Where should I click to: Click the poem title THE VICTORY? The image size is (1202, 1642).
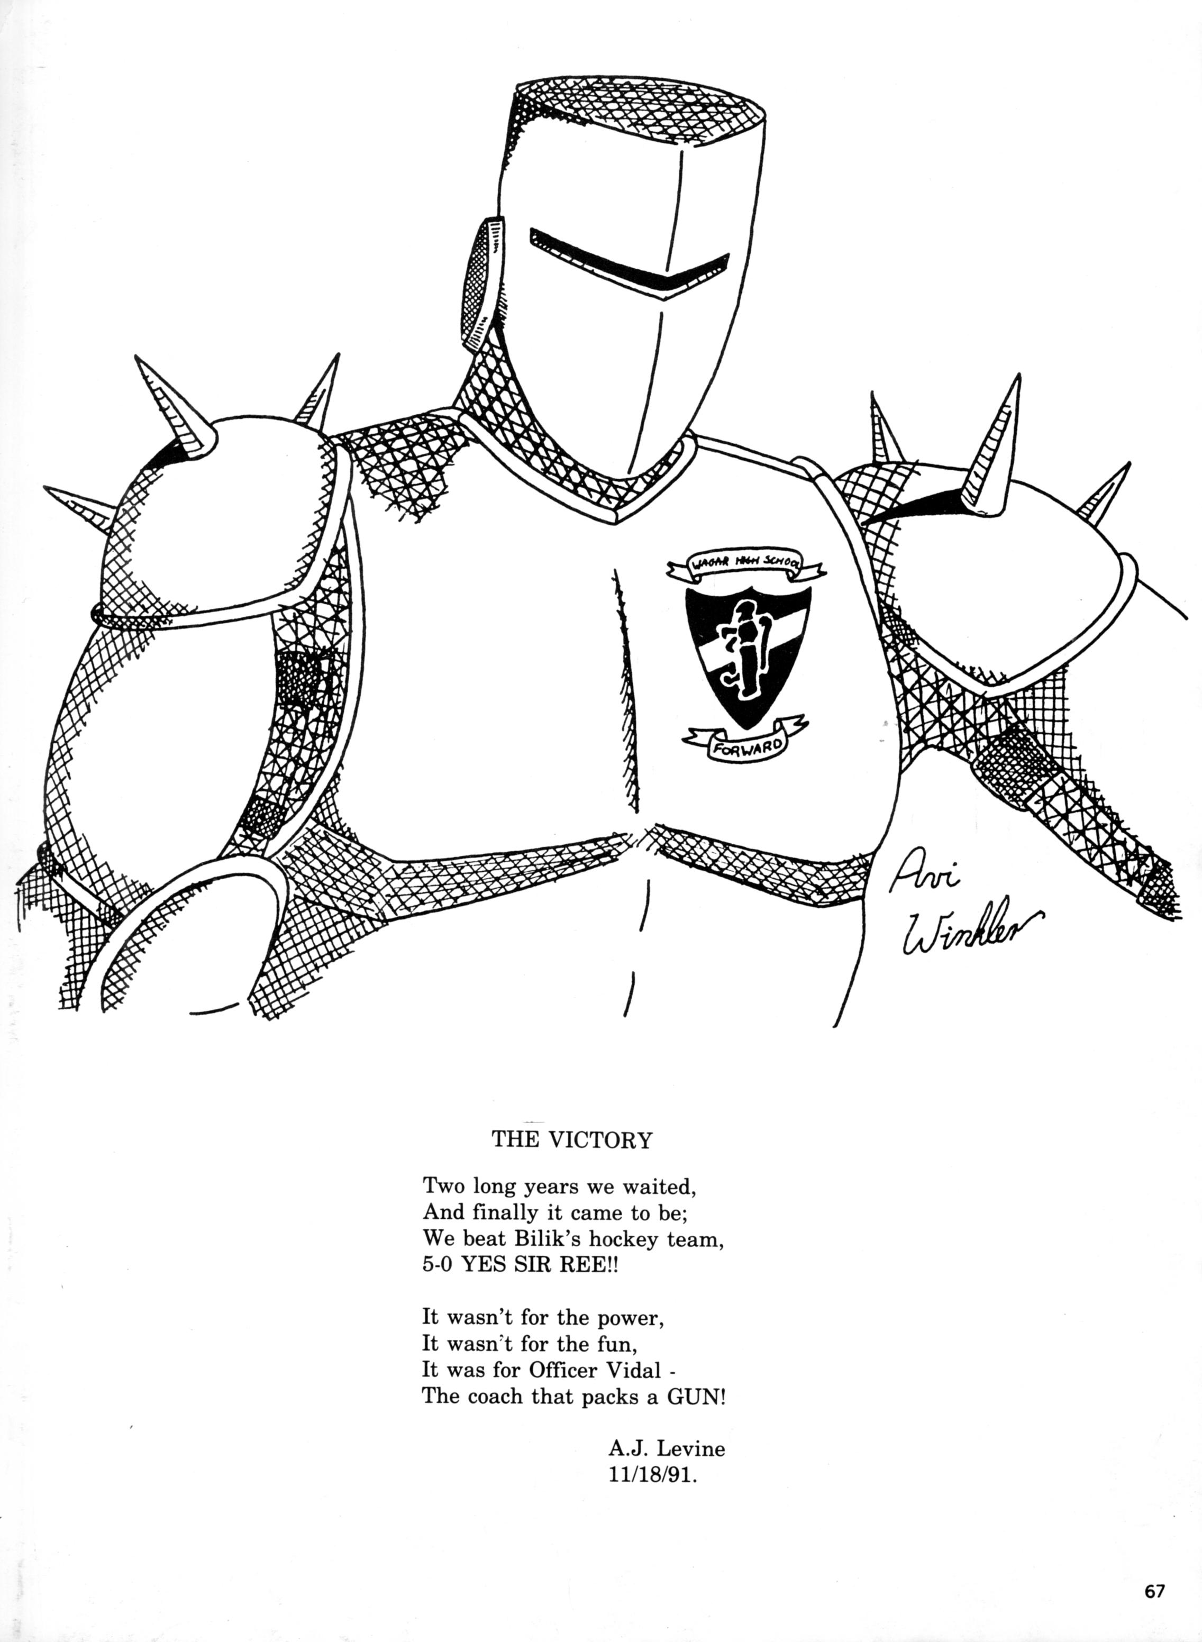tap(572, 1139)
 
